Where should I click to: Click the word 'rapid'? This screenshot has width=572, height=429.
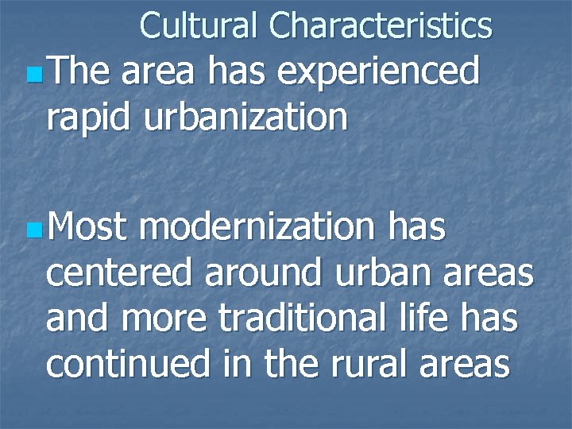point(89,118)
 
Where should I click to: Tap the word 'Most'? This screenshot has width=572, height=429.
point(88,229)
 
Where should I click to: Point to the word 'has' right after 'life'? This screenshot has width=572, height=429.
point(493,319)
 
